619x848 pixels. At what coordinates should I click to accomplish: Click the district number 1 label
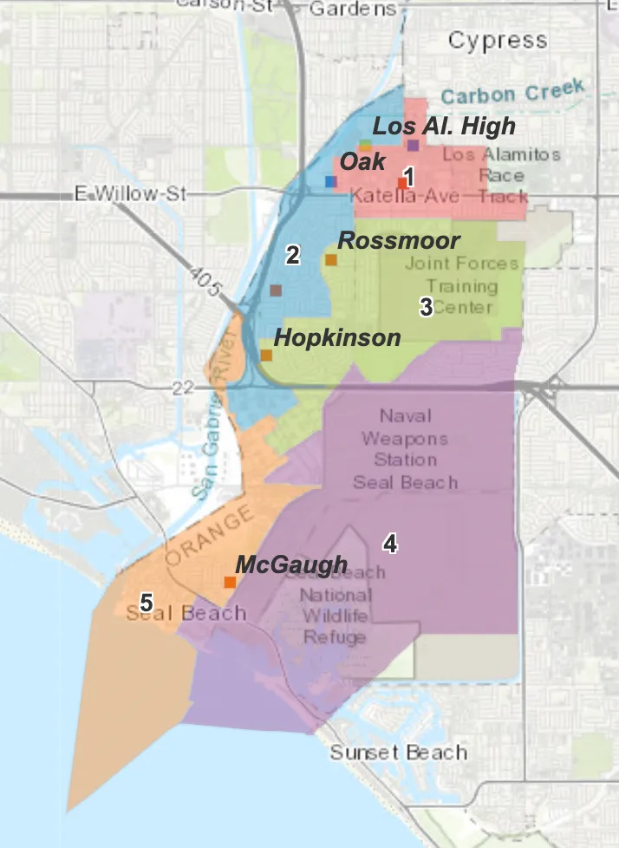pyautogui.click(x=408, y=176)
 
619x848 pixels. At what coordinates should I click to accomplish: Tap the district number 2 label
pyautogui.click(x=293, y=255)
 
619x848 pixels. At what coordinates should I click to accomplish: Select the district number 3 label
pyautogui.click(x=426, y=307)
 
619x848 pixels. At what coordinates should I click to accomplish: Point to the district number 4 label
pyautogui.click(x=390, y=544)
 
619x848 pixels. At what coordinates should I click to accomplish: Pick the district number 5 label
pyautogui.click(x=147, y=602)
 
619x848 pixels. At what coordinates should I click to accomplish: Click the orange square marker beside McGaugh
pyautogui.click(x=230, y=582)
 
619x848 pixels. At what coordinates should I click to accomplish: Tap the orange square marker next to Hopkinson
pyautogui.click(x=266, y=355)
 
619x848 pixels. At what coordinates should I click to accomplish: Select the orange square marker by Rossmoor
pyautogui.click(x=330, y=259)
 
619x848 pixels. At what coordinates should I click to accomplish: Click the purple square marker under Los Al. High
pyautogui.click(x=413, y=145)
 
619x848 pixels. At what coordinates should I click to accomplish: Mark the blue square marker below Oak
pyautogui.click(x=329, y=181)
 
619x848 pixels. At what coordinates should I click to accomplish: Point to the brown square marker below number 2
pyautogui.click(x=275, y=290)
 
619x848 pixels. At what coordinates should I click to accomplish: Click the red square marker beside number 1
pyautogui.click(x=401, y=182)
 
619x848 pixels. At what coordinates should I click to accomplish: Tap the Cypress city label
pyautogui.click(x=498, y=40)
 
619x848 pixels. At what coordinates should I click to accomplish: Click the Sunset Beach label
pyautogui.click(x=398, y=752)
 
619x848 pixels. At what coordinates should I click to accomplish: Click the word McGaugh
pyautogui.click(x=291, y=564)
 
